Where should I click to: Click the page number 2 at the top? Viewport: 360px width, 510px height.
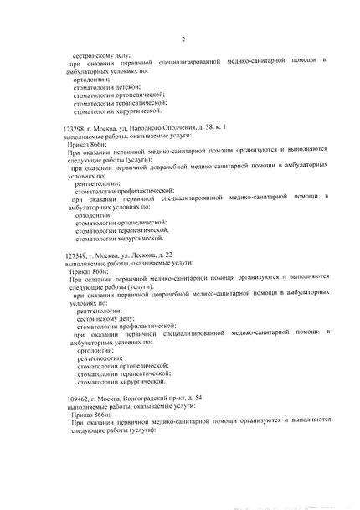coord(183,39)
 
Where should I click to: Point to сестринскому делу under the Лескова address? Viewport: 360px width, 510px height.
coord(105,318)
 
